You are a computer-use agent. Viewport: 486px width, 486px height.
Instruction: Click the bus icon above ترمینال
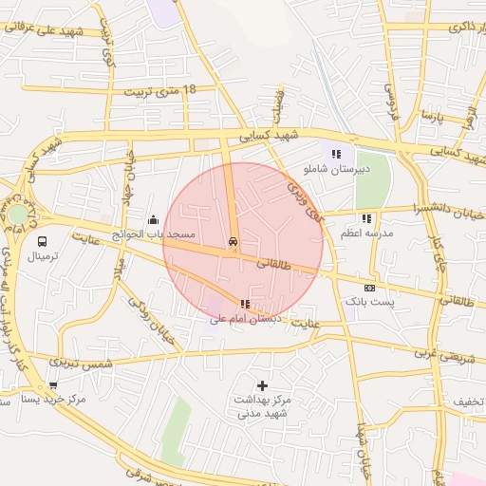pyautogui.click(x=43, y=241)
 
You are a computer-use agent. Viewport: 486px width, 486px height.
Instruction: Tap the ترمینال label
pyautogui.click(x=43, y=257)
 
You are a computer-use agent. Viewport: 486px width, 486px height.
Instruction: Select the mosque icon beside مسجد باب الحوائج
pyautogui.click(x=154, y=220)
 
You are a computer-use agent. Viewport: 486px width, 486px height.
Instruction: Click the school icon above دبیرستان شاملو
pyautogui.click(x=335, y=154)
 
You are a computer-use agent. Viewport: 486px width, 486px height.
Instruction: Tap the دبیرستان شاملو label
pyautogui.click(x=334, y=168)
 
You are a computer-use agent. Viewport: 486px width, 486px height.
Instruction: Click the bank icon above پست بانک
pyautogui.click(x=369, y=288)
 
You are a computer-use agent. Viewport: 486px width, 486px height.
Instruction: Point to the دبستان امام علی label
pyautogui.click(x=245, y=319)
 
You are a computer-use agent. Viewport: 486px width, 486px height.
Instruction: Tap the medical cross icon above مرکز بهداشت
pyautogui.click(x=262, y=385)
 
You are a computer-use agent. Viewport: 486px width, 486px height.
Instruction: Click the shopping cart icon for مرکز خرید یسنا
pyautogui.click(x=53, y=385)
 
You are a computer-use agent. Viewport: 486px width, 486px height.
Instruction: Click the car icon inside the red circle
pyautogui.click(x=233, y=242)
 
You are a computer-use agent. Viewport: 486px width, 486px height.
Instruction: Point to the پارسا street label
pyautogui.click(x=434, y=118)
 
